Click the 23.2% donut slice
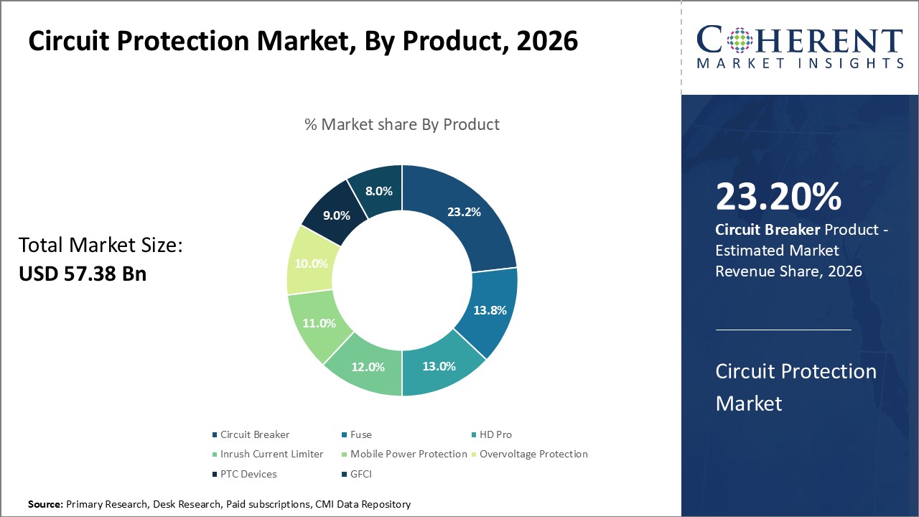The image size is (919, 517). [x=463, y=213]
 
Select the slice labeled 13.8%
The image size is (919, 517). [x=490, y=310]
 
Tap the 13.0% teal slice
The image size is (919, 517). [x=439, y=366]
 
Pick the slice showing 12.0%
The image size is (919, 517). [x=368, y=366]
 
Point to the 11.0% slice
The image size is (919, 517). [x=319, y=323]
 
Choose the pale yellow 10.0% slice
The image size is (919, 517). [x=310, y=264]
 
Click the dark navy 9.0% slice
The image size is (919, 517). [x=335, y=215]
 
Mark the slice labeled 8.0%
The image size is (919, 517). [x=378, y=191]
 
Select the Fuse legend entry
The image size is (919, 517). [x=360, y=434]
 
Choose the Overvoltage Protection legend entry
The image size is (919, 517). [x=533, y=454]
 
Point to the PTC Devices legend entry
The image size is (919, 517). [x=248, y=474]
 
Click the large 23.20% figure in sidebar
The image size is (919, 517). [x=778, y=197]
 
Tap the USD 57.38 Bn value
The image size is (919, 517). [x=83, y=274]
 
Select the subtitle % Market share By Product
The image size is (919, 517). [x=402, y=124]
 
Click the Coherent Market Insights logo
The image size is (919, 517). [x=800, y=47]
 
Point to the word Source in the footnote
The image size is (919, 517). [x=45, y=505]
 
